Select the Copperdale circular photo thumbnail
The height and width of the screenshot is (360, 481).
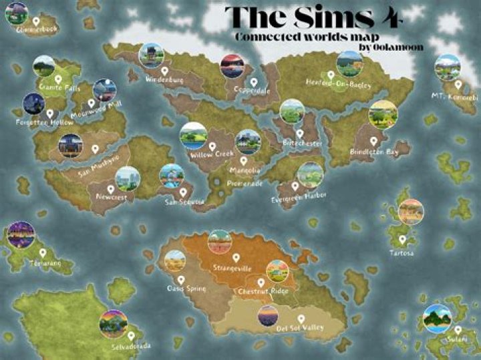pyautogui.click(x=232, y=65)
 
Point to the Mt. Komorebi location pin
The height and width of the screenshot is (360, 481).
pyautogui.click(x=458, y=85)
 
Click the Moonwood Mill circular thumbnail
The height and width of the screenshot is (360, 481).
pyautogui.click(x=105, y=90)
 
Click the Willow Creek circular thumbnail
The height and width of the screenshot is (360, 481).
pyautogui.click(x=192, y=135)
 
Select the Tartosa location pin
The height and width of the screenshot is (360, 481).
pyautogui.click(x=402, y=238)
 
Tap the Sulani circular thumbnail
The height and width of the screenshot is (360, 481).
pyautogui.click(x=437, y=318)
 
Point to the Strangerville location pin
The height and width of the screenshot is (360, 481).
pyautogui.click(x=235, y=257)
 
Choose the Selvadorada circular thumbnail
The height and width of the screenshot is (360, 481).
pyautogui.click(x=114, y=323)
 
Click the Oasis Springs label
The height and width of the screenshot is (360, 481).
pyautogui.click(x=186, y=289)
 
